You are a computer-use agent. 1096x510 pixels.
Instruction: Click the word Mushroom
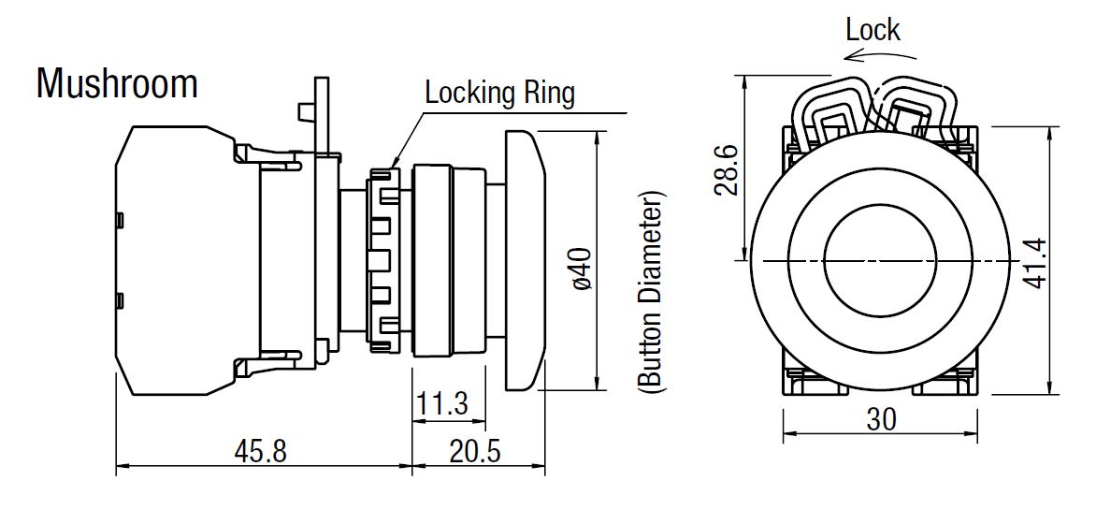[x=117, y=83]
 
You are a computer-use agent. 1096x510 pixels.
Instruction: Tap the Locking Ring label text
[x=499, y=93]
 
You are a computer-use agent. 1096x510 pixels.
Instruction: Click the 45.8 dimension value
[x=260, y=451]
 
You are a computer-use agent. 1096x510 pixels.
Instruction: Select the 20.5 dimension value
[x=475, y=451]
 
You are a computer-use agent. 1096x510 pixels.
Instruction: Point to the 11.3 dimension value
[x=441, y=403]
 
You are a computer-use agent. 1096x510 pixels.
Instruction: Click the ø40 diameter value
[x=583, y=269]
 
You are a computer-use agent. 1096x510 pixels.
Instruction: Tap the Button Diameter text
[x=649, y=291]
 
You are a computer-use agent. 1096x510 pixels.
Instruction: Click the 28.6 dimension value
[x=726, y=170]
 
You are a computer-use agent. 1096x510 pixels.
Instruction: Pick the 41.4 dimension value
[x=1034, y=263]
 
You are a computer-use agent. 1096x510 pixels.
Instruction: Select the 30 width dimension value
[x=881, y=420]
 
